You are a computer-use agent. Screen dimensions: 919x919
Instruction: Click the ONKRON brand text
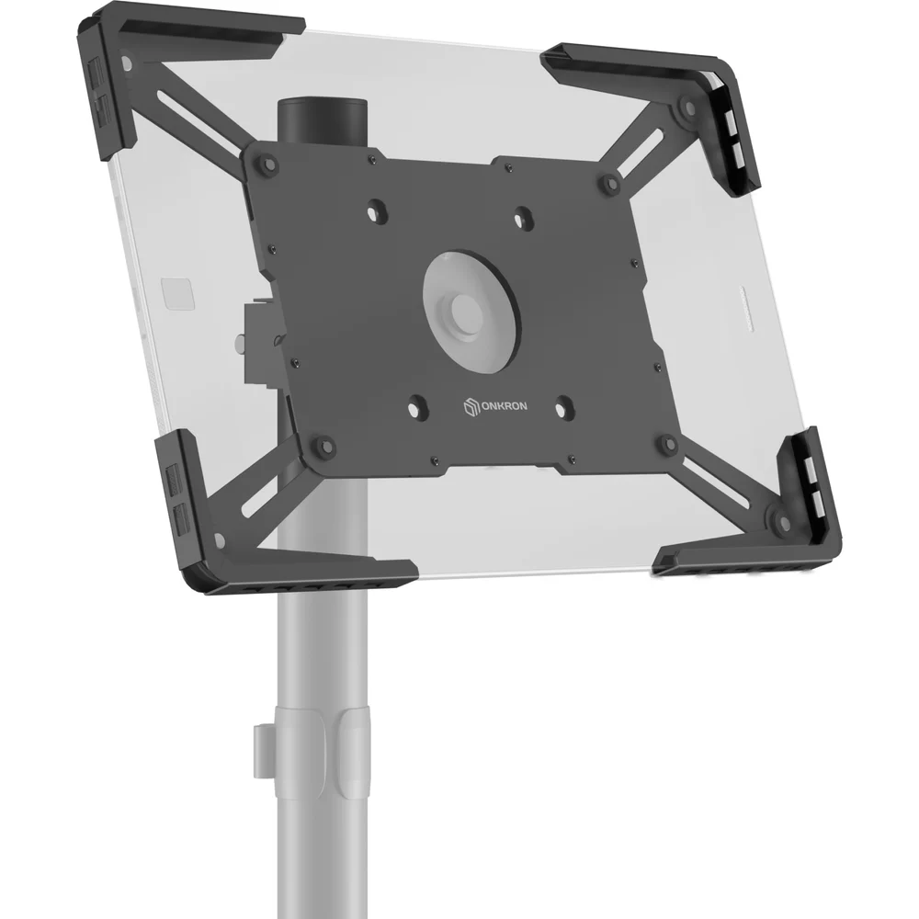pyautogui.click(x=504, y=405)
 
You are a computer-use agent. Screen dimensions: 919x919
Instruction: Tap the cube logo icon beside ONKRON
pyautogui.click(x=471, y=406)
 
